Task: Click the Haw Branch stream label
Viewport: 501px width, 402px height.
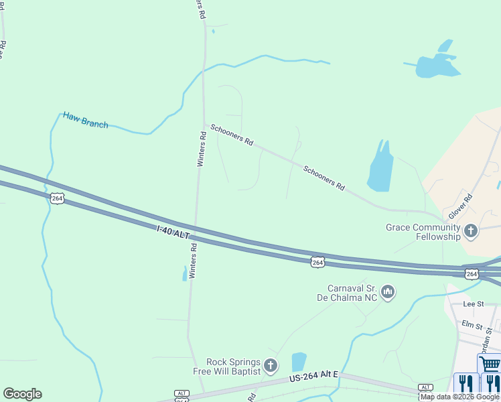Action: click(x=85, y=119)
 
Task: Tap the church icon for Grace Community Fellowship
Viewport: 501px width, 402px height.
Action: click(x=471, y=231)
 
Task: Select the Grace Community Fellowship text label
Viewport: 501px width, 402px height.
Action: click(x=423, y=232)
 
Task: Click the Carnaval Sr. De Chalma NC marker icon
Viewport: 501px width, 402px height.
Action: click(x=388, y=292)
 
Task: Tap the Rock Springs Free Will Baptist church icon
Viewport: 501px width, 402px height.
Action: click(x=271, y=365)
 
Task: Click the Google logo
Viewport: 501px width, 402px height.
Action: click(x=22, y=394)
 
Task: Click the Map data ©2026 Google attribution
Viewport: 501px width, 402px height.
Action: click(x=460, y=397)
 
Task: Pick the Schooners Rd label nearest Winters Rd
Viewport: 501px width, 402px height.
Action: click(x=232, y=135)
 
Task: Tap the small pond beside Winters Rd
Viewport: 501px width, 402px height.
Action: click(x=184, y=273)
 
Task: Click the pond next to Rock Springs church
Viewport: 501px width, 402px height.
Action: click(x=299, y=362)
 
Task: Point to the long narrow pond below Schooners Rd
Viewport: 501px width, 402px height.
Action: click(x=379, y=167)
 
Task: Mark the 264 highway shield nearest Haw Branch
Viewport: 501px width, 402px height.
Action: click(x=57, y=198)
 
